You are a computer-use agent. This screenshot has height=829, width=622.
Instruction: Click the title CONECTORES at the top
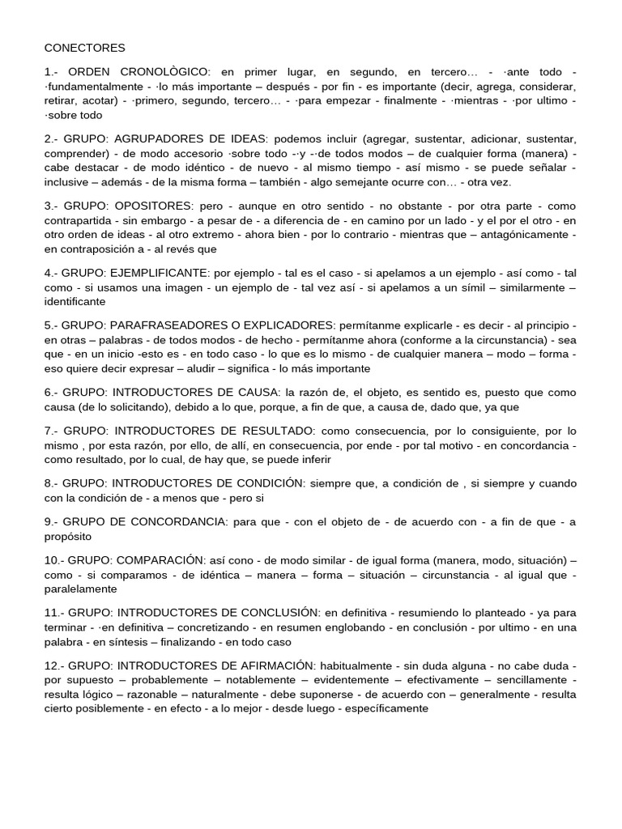click(x=85, y=49)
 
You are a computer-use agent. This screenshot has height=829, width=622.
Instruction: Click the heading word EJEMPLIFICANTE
click(x=159, y=274)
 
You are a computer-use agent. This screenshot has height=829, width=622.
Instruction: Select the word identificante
click(x=75, y=302)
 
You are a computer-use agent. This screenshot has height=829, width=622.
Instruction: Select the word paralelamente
click(x=81, y=589)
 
